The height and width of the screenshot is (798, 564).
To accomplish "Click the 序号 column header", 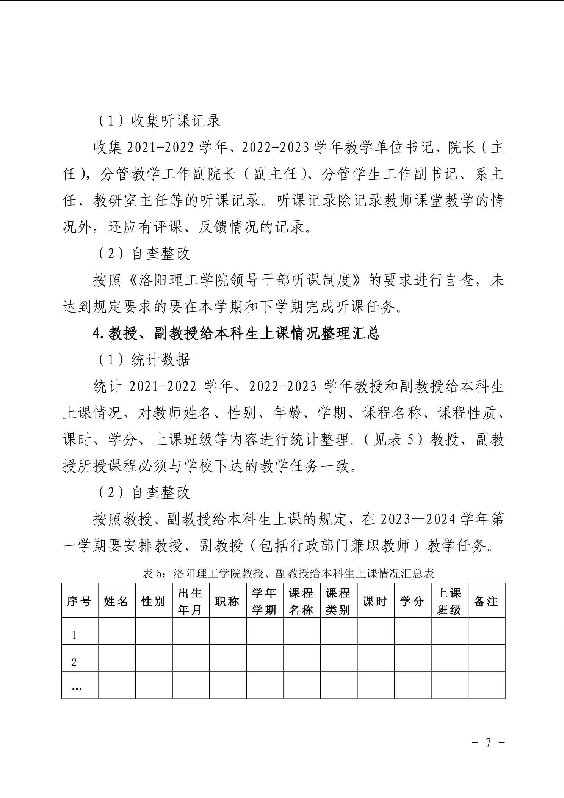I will click(79, 602).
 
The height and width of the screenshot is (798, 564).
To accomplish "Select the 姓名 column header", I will click(116, 602).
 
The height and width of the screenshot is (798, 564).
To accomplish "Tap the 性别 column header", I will click(154, 602).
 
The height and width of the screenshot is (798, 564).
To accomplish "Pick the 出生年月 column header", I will click(190, 602).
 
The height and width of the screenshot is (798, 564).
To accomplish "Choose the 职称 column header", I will click(227, 602).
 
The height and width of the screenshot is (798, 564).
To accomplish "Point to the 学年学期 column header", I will click(265, 602).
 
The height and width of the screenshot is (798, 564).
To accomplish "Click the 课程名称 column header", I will click(301, 602).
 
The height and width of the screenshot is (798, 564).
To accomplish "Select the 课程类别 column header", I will click(338, 602).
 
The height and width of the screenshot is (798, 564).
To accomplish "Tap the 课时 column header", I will click(375, 602).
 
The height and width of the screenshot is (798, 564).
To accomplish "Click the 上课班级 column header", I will click(449, 602).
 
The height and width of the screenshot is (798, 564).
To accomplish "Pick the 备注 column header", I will click(486, 602).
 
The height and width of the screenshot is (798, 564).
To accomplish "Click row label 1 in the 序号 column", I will click(74, 636).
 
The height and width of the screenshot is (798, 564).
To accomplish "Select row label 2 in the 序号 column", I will click(74, 663).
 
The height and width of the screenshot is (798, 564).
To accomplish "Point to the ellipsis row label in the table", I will click(77, 688).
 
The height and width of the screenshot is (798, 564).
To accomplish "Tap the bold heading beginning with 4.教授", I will click(236, 333).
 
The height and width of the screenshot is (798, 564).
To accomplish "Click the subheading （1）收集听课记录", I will click(160, 121).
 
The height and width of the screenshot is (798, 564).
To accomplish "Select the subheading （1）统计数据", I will click(144, 360).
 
